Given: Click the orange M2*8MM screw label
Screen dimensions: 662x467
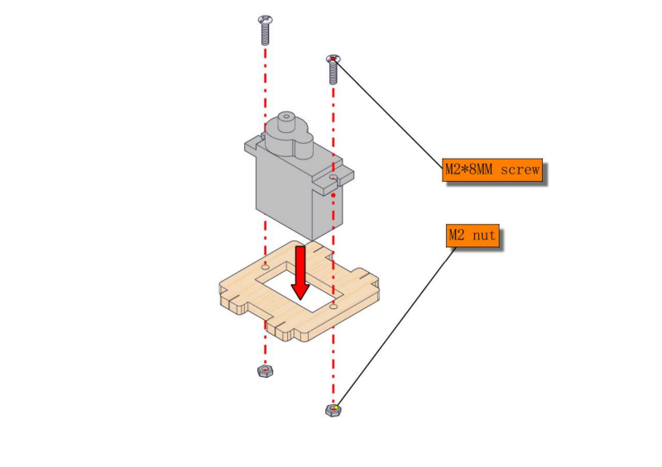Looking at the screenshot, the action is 492,170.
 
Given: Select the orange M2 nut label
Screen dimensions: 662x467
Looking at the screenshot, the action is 473,236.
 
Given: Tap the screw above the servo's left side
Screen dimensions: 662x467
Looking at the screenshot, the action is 265,30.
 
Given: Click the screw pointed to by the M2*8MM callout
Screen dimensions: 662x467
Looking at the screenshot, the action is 333,69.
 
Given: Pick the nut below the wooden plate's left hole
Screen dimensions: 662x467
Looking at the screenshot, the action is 265,371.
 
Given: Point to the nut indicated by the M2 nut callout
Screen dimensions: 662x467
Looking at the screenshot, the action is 333,410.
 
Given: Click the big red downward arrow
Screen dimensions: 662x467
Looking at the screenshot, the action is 300,273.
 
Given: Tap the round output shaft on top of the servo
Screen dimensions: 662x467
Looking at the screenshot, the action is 287,122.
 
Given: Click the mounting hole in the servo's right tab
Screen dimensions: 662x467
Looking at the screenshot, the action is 334,177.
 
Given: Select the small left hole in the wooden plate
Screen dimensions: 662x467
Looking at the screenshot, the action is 266,267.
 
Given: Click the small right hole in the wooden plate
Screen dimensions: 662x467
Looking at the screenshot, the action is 333,306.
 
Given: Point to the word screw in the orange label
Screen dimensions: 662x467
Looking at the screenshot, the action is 520,170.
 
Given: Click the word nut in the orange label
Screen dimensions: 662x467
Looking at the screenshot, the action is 484,236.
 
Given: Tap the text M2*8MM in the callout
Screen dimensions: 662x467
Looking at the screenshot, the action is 468,170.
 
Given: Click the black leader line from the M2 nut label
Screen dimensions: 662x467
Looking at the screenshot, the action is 397,326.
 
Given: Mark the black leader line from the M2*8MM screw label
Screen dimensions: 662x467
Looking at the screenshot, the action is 389,114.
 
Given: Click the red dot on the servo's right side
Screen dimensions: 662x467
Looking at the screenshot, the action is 333,195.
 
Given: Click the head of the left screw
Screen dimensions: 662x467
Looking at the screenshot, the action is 265,19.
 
